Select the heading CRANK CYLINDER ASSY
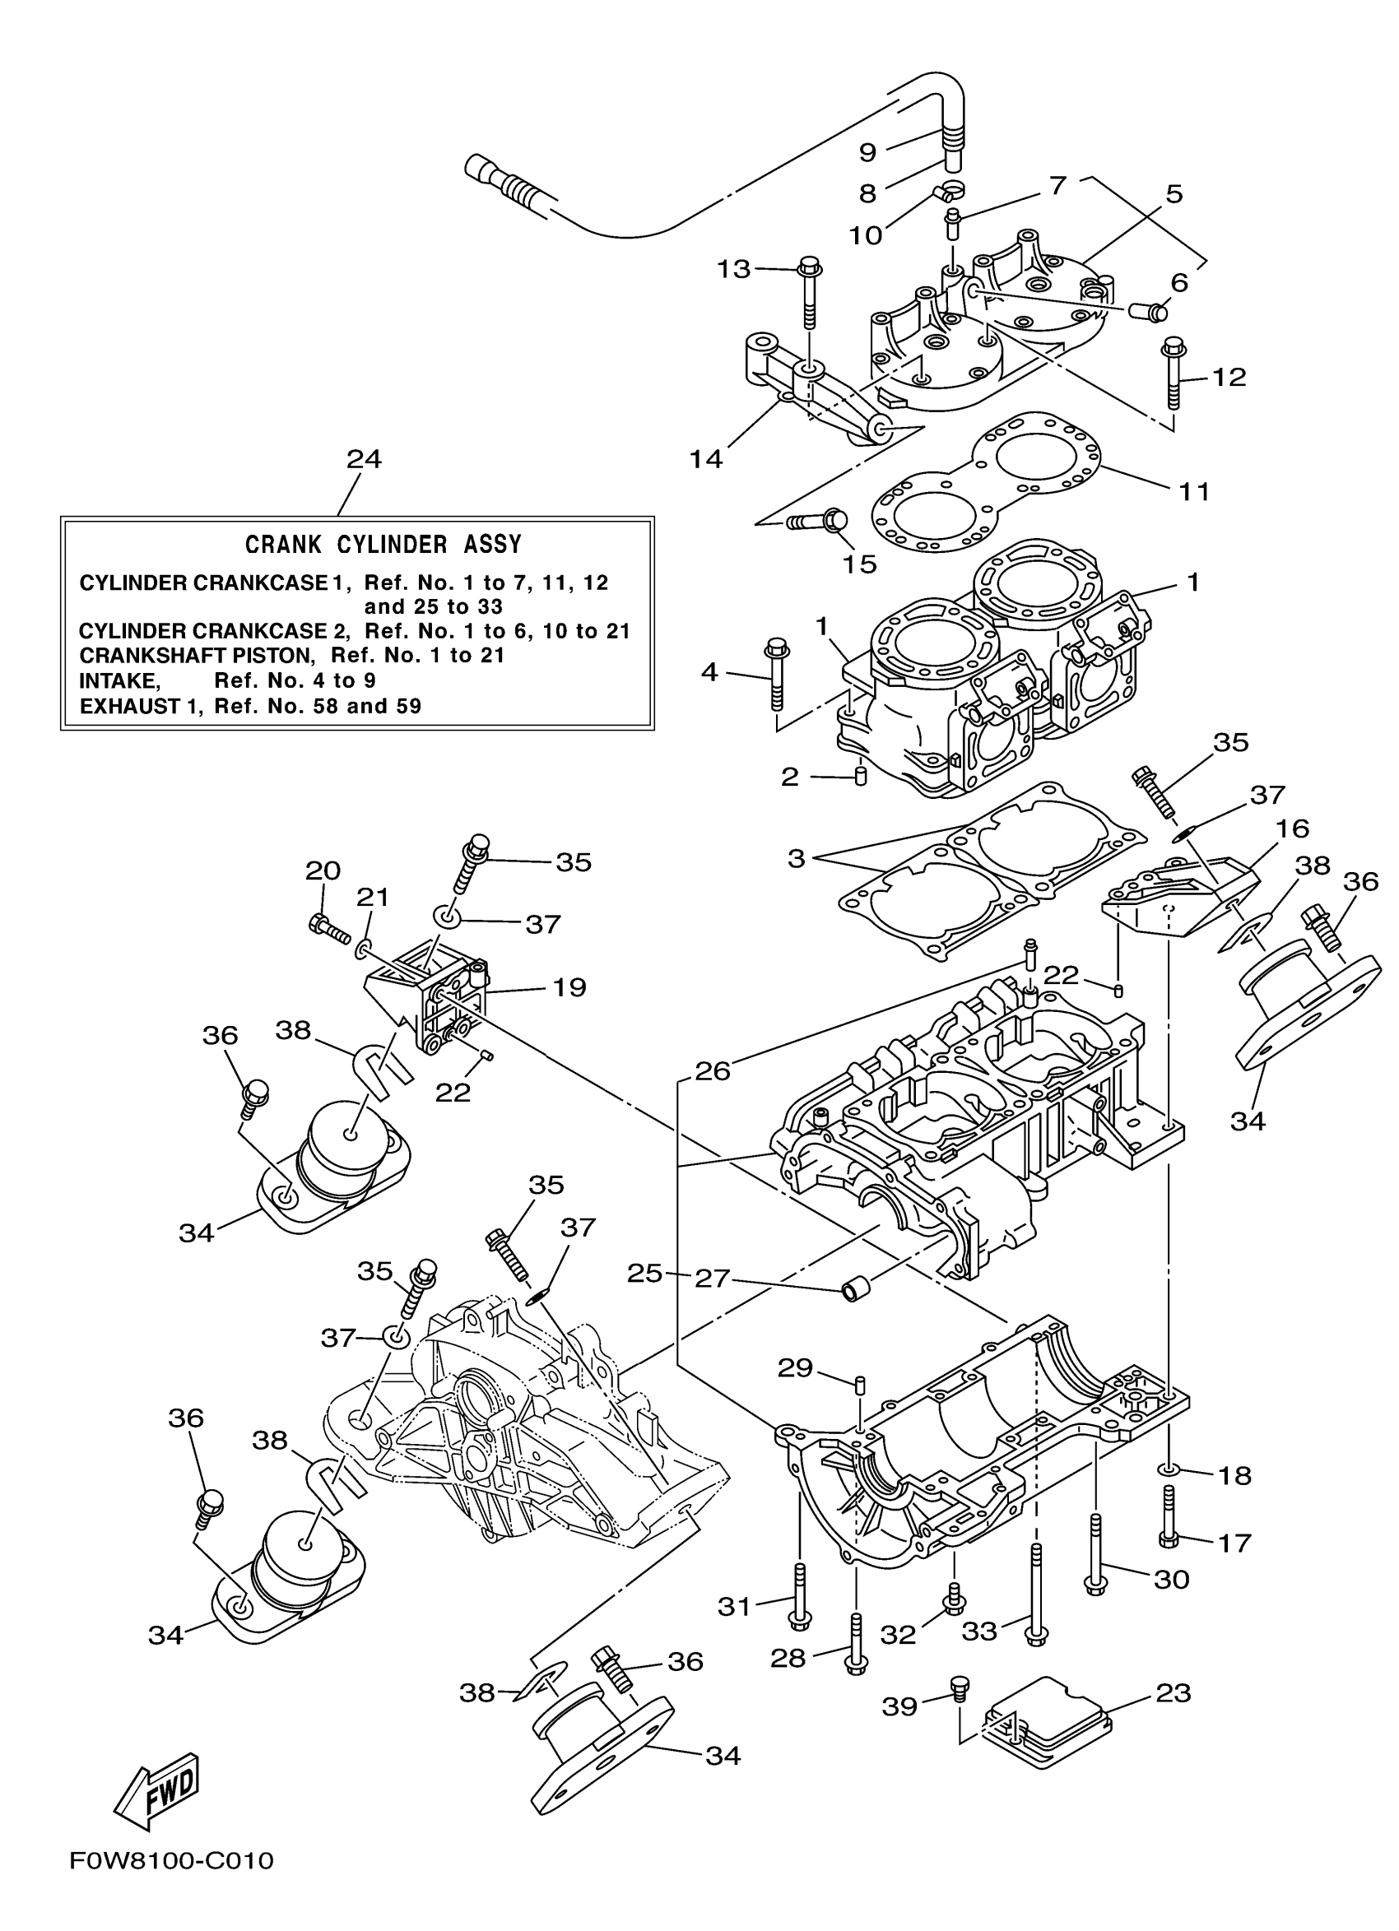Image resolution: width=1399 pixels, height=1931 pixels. [x=383, y=544]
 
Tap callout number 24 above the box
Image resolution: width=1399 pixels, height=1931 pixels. [x=364, y=460]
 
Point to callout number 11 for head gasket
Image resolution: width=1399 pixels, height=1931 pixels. [x=1193, y=491]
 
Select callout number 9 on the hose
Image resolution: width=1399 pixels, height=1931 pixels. [x=867, y=152]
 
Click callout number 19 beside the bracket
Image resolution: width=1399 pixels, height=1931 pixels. [x=569, y=987]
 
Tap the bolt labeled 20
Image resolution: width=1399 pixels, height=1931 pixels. [x=329, y=929]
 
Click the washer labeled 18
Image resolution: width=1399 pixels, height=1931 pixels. [x=1169, y=1469]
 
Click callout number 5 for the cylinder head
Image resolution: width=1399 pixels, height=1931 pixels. [x=1174, y=194]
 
